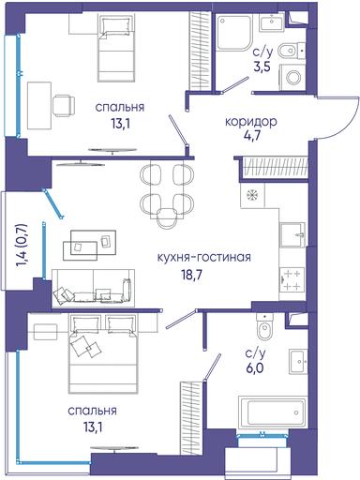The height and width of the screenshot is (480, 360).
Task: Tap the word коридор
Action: (250, 122)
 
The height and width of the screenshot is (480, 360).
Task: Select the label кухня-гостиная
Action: (203, 258)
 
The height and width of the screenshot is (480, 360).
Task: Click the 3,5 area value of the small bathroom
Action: (262, 67)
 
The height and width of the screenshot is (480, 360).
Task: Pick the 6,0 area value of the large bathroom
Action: (254, 367)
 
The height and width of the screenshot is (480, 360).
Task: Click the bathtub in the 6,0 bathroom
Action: (272, 412)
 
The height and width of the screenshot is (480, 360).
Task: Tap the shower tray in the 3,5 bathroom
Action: (234, 32)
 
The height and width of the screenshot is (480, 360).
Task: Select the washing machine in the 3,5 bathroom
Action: (292, 77)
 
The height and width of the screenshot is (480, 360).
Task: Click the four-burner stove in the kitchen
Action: (292, 279)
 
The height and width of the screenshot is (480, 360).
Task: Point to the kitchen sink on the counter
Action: (292, 235)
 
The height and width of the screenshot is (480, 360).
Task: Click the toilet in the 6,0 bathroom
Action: (265, 325)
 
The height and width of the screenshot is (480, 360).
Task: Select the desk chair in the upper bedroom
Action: (64, 105)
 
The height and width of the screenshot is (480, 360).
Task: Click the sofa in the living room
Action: (93, 288)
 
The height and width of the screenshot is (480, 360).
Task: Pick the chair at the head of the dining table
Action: (166, 217)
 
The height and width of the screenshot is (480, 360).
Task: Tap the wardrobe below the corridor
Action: (275, 168)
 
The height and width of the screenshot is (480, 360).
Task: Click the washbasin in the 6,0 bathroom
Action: (298, 361)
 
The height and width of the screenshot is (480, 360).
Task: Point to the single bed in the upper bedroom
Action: (116, 48)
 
